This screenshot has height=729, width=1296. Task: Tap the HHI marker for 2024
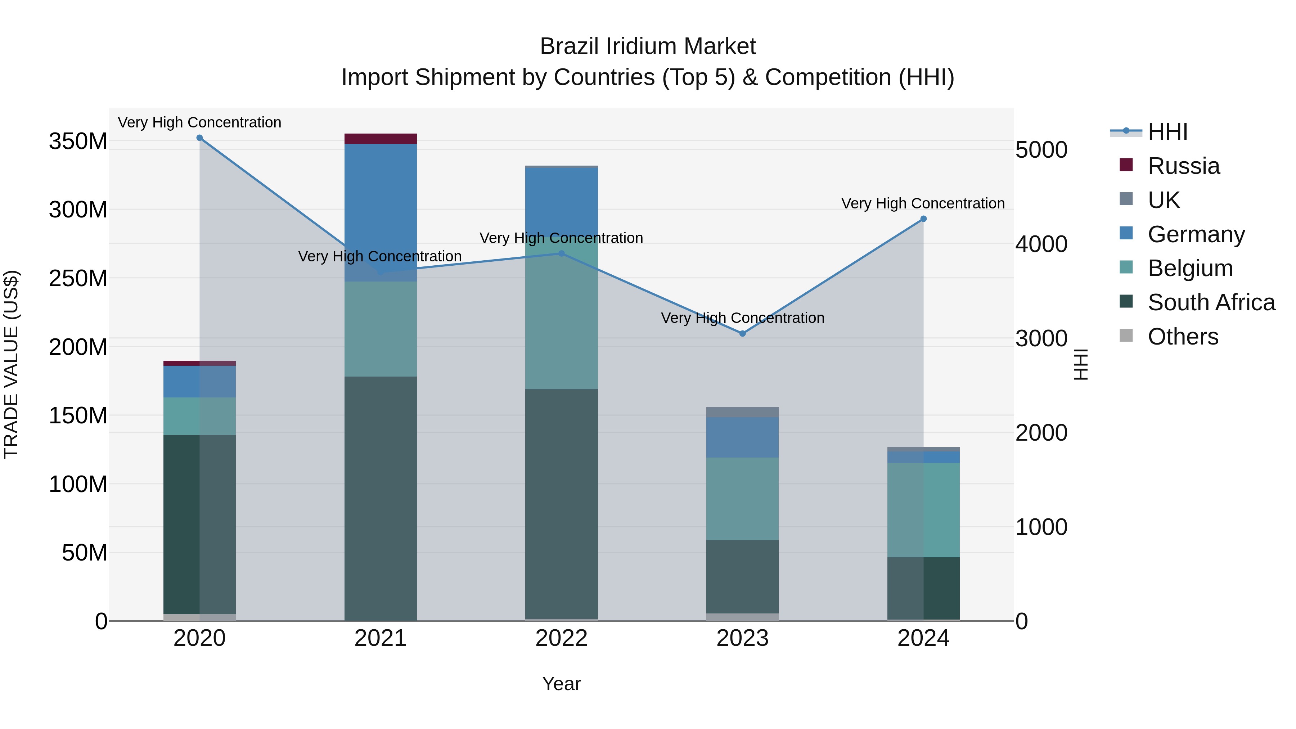tap(923, 219)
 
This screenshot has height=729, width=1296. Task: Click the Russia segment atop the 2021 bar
tap(381, 139)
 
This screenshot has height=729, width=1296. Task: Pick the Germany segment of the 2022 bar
tap(562, 201)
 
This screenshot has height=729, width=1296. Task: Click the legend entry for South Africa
tap(1211, 302)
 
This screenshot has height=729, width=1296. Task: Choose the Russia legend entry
tap(1183, 166)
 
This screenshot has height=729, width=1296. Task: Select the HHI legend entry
tap(1167, 132)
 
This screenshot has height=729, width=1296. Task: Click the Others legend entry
tap(1182, 337)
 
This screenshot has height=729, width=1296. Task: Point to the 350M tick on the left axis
tap(78, 141)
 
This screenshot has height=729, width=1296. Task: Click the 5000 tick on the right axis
tap(1041, 150)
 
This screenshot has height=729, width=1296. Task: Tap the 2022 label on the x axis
tap(562, 638)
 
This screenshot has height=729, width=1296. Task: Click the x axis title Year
tap(562, 684)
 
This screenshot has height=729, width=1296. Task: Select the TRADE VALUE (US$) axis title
tap(11, 364)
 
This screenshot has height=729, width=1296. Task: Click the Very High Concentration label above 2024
tap(923, 204)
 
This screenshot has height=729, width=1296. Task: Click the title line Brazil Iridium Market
tap(648, 46)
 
